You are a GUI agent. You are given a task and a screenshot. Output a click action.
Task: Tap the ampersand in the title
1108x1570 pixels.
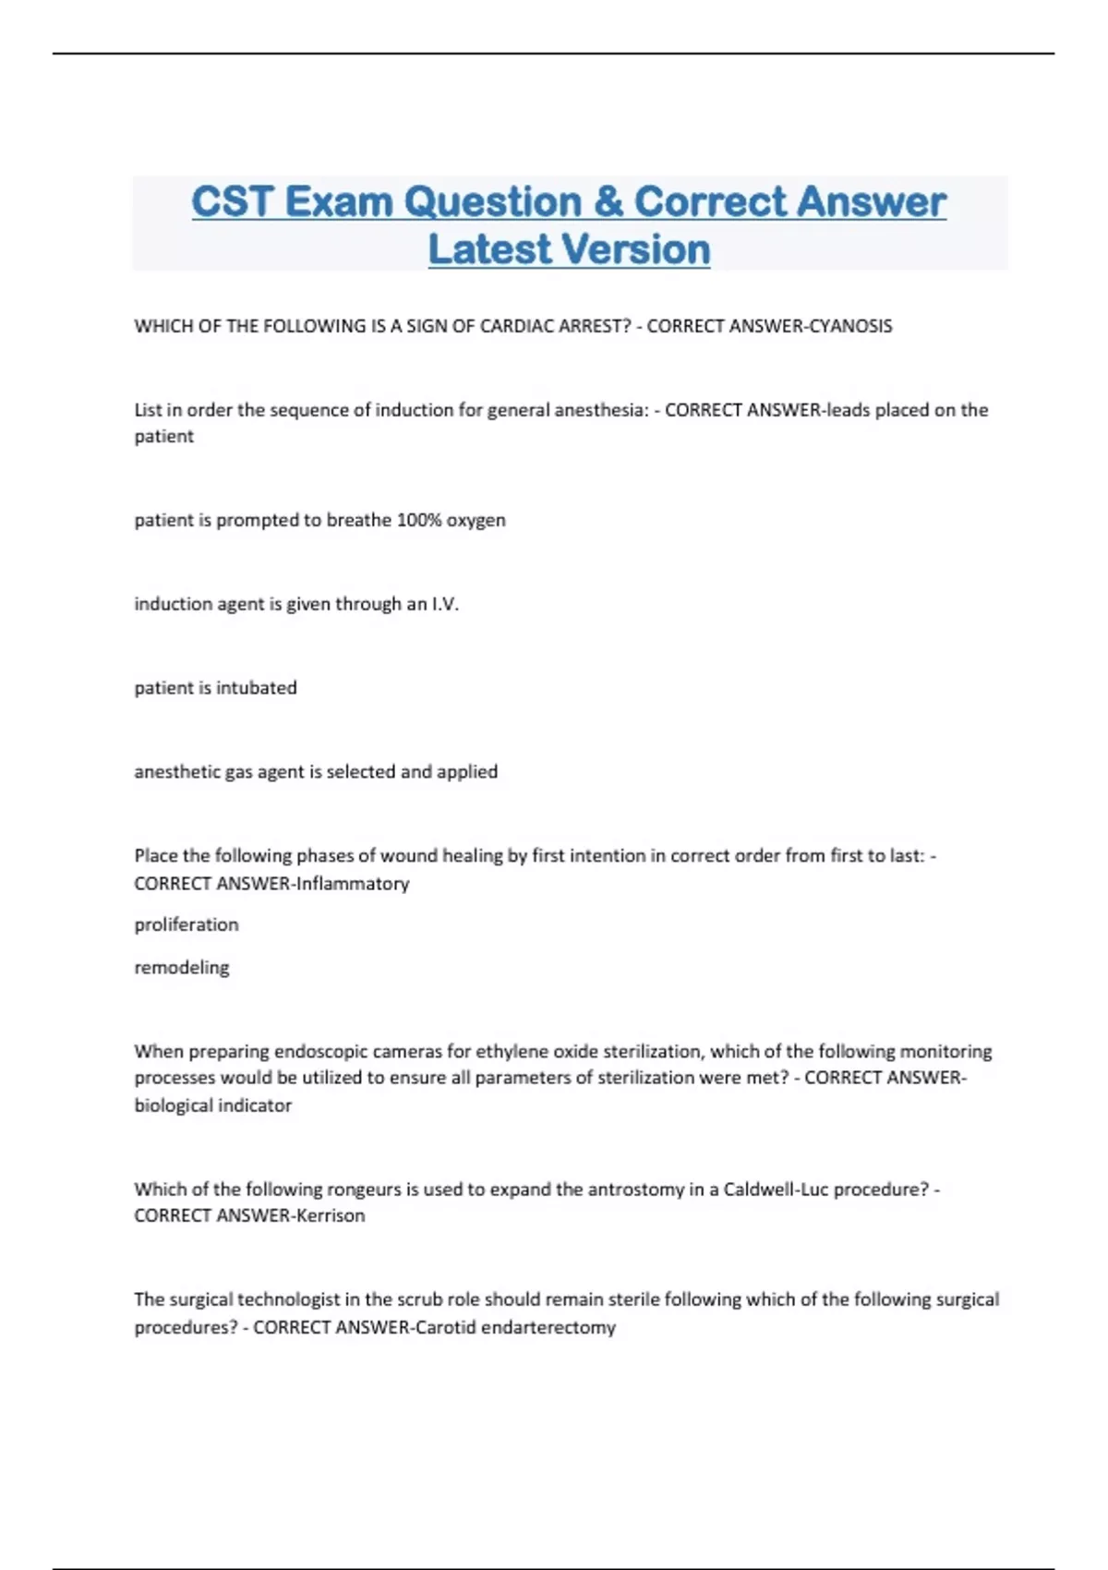click(608, 202)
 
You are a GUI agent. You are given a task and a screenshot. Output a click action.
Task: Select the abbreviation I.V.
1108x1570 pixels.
click(445, 604)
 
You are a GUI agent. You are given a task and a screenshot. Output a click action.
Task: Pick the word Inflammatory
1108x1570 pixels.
click(353, 884)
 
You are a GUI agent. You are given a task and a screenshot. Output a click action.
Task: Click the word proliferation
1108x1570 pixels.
click(187, 924)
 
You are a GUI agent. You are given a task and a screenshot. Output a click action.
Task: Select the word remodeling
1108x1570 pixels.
click(182, 968)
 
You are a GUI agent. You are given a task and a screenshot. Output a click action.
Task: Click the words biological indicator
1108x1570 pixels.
click(213, 1105)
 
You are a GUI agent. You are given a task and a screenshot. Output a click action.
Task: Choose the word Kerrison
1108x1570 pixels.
click(331, 1216)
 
